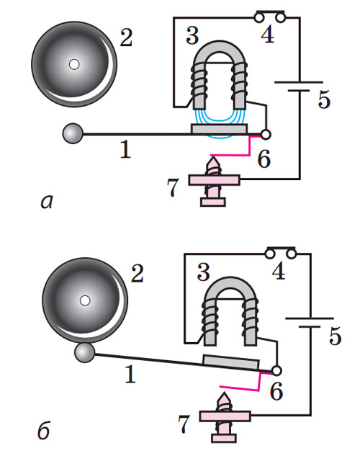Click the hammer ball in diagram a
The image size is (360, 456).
pos(73,133)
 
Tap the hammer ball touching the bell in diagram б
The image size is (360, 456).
pos(84,353)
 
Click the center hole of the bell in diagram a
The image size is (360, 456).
pos(74,64)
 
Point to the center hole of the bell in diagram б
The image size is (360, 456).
pos(85,300)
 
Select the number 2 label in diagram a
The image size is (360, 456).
pos(127,37)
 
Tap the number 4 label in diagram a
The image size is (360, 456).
pos(267,35)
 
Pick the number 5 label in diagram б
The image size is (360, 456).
pos(335,336)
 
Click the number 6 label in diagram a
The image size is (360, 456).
pos(264,159)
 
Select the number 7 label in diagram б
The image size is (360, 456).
pos(184,425)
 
